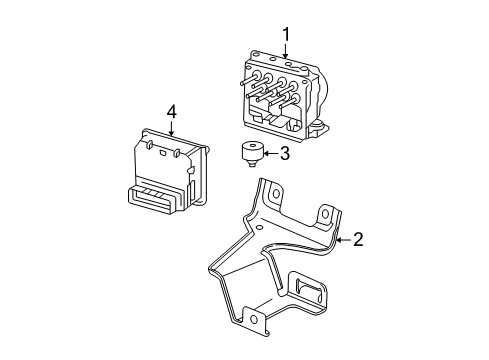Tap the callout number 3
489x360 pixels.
[x=285, y=153]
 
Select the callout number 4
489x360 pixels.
[x=172, y=112]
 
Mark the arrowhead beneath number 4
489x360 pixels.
[x=172, y=133]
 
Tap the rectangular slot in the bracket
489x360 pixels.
[x=312, y=295]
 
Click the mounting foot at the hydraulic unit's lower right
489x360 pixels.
[x=325, y=129]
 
